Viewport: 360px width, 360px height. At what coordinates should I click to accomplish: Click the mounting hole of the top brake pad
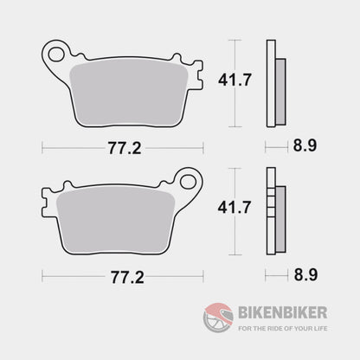pyautogui.click(x=57, y=54)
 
